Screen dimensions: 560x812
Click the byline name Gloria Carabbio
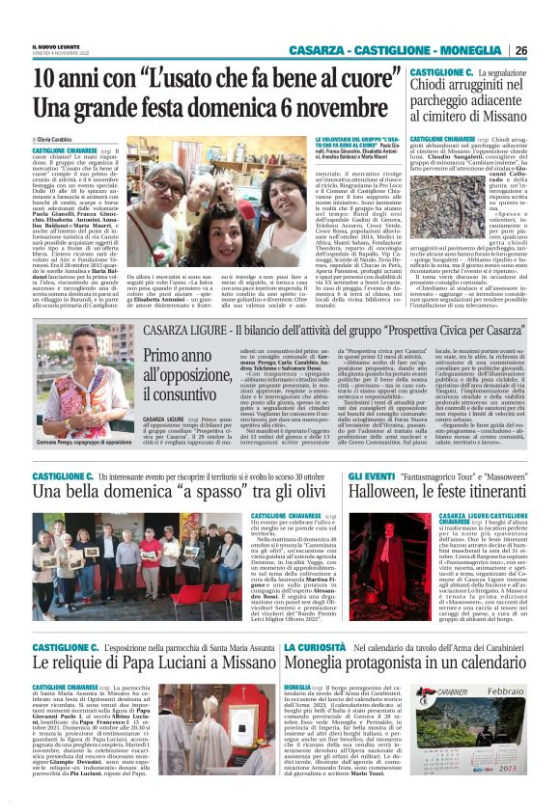click(59, 141)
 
